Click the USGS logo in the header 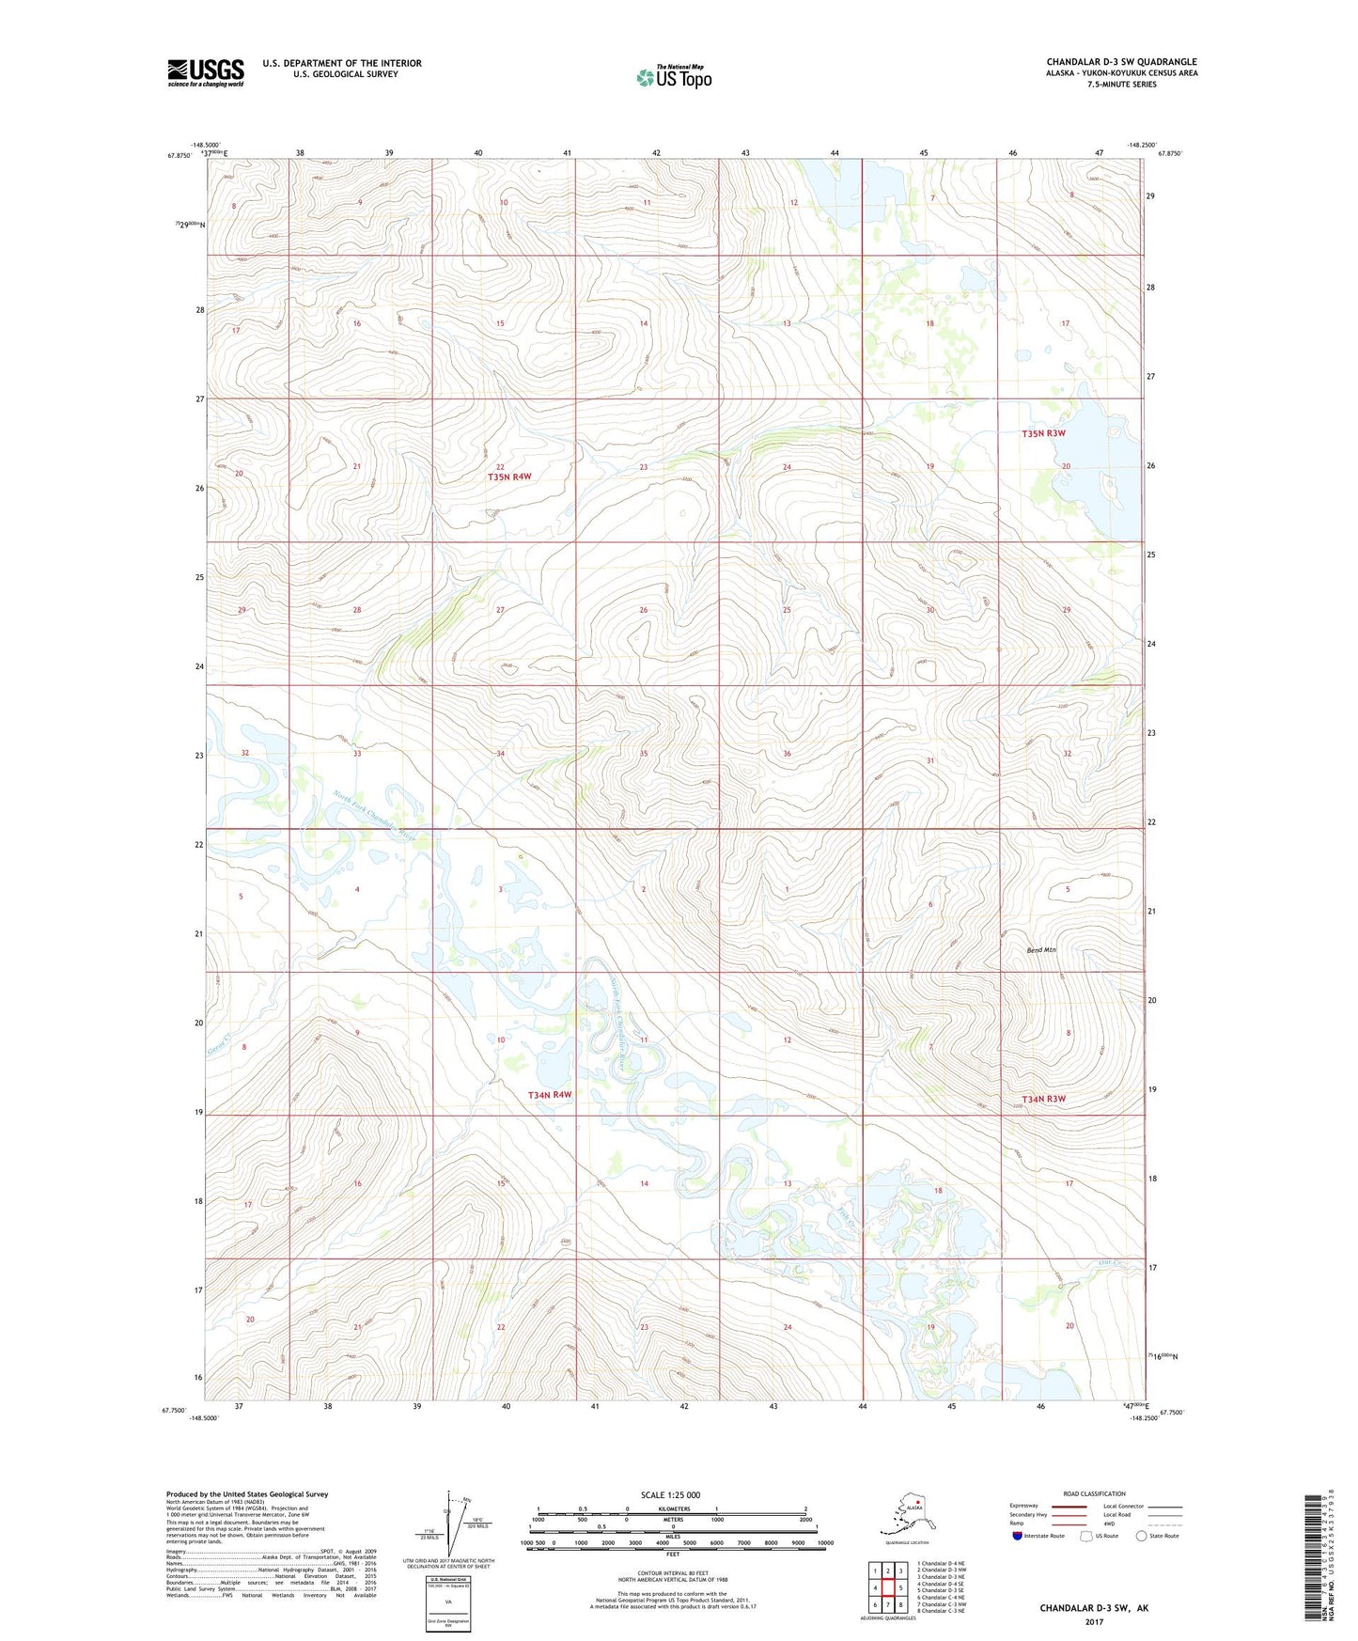pyautogui.click(x=205, y=72)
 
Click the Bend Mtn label pyautogui.click(x=1039, y=950)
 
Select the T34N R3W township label pyautogui.click(x=1043, y=1099)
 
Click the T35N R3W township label pyautogui.click(x=1043, y=433)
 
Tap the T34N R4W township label pyautogui.click(x=549, y=1095)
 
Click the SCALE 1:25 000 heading pyautogui.click(x=669, y=1494)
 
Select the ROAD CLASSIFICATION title pyautogui.click(x=1094, y=1493)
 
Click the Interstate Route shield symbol pyautogui.click(x=1017, y=1536)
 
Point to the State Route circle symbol pyautogui.click(x=1142, y=1536)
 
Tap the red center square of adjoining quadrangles pyautogui.click(x=887, y=1588)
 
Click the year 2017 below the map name pyautogui.click(x=1093, y=1622)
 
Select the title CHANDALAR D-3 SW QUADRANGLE pyautogui.click(x=1121, y=62)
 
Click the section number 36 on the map pyautogui.click(x=787, y=754)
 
